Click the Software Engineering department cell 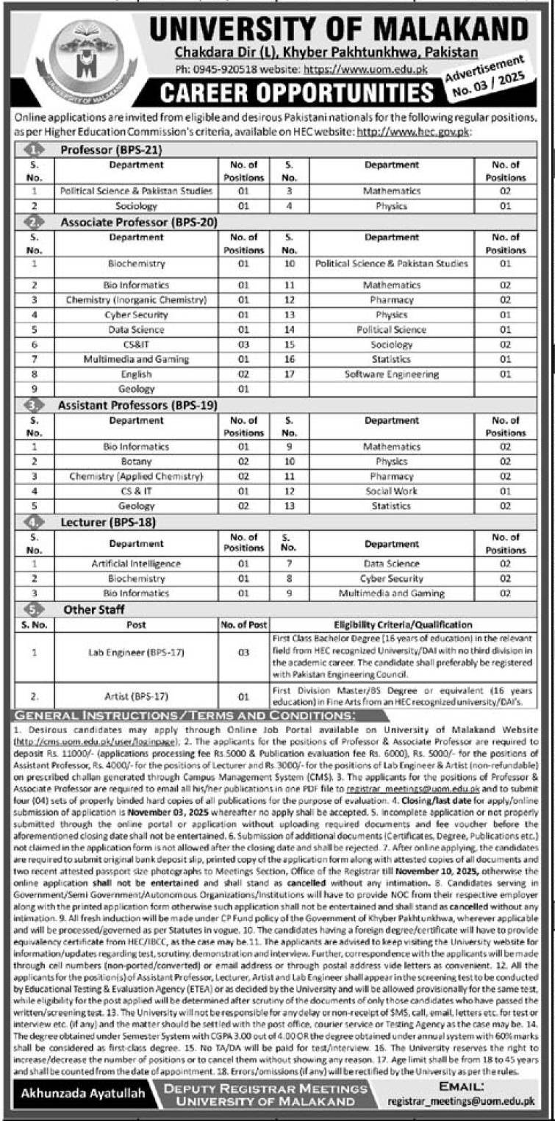(391, 374)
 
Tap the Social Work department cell (391, 490)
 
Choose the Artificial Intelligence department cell (136, 563)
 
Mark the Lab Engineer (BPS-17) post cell (136, 651)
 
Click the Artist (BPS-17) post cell (136, 695)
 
